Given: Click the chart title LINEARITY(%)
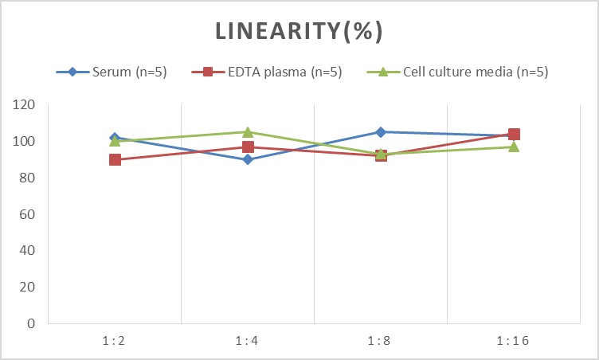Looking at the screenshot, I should (x=299, y=31).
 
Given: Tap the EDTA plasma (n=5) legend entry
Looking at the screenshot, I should (x=275, y=72).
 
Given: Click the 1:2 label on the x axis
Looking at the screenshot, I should (x=115, y=341).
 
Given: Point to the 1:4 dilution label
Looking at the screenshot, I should (x=248, y=341).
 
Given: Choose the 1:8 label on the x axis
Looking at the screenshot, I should (x=381, y=341).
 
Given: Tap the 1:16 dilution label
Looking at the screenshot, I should (x=514, y=341).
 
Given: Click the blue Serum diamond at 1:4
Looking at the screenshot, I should (x=248, y=159).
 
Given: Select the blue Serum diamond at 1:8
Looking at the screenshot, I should (x=381, y=131).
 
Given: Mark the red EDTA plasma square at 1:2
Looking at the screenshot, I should (x=115, y=159).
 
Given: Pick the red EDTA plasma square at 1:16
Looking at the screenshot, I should (x=514, y=134).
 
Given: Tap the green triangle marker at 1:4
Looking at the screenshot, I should (x=248, y=131).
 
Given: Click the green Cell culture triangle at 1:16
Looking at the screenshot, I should (x=514, y=147).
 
